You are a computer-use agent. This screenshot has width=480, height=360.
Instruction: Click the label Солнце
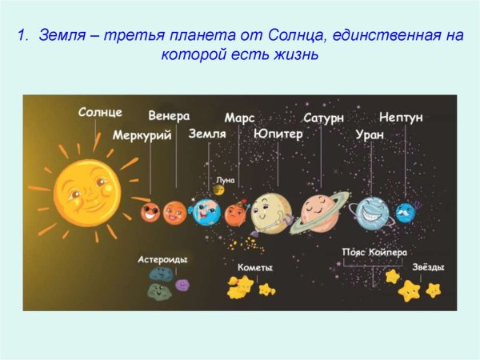(100, 112)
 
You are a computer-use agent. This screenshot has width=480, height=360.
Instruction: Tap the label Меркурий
(142, 135)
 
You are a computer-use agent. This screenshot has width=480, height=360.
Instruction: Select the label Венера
(169, 116)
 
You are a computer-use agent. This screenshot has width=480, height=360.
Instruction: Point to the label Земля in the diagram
(206, 134)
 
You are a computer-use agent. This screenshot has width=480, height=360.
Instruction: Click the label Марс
(239, 118)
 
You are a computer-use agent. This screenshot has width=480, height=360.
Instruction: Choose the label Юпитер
(278, 134)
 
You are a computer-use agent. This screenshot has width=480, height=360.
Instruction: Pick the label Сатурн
(323, 118)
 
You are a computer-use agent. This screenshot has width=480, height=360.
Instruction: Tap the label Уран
(369, 135)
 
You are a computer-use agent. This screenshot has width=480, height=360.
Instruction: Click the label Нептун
(401, 117)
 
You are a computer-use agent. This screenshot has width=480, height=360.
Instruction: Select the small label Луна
(226, 180)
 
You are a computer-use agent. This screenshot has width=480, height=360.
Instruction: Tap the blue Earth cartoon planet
(206, 212)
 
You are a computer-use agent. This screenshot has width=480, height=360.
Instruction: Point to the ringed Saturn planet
(320, 211)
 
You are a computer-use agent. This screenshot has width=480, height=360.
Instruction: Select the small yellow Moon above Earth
(218, 190)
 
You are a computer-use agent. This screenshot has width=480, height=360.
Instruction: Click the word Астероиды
(162, 260)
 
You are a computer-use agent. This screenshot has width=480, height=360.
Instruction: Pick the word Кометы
(255, 267)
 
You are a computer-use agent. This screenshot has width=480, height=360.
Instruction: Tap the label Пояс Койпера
(370, 251)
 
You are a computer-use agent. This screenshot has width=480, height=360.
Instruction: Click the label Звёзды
(428, 267)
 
